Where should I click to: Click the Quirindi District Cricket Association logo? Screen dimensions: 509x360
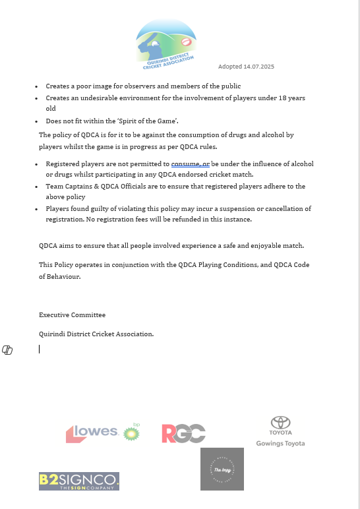click(167, 44)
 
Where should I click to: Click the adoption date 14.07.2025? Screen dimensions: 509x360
click(246, 67)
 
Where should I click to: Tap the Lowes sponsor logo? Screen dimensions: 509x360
click(92, 433)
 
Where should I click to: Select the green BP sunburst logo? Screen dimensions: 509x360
click(133, 432)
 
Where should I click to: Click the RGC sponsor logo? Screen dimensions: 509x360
click(183, 433)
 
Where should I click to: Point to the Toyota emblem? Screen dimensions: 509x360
click(280, 423)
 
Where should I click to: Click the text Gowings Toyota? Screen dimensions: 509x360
click(280, 444)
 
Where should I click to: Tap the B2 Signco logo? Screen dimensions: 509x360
click(78, 481)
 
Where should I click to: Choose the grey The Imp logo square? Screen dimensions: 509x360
click(222, 469)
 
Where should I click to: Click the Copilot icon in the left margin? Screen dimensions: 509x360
click(7, 349)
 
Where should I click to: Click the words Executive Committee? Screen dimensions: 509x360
click(72, 315)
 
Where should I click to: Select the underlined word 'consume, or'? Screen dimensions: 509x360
click(190, 164)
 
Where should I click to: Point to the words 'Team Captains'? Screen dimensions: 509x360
click(67, 187)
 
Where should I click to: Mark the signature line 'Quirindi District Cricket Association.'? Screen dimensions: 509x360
click(96, 334)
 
